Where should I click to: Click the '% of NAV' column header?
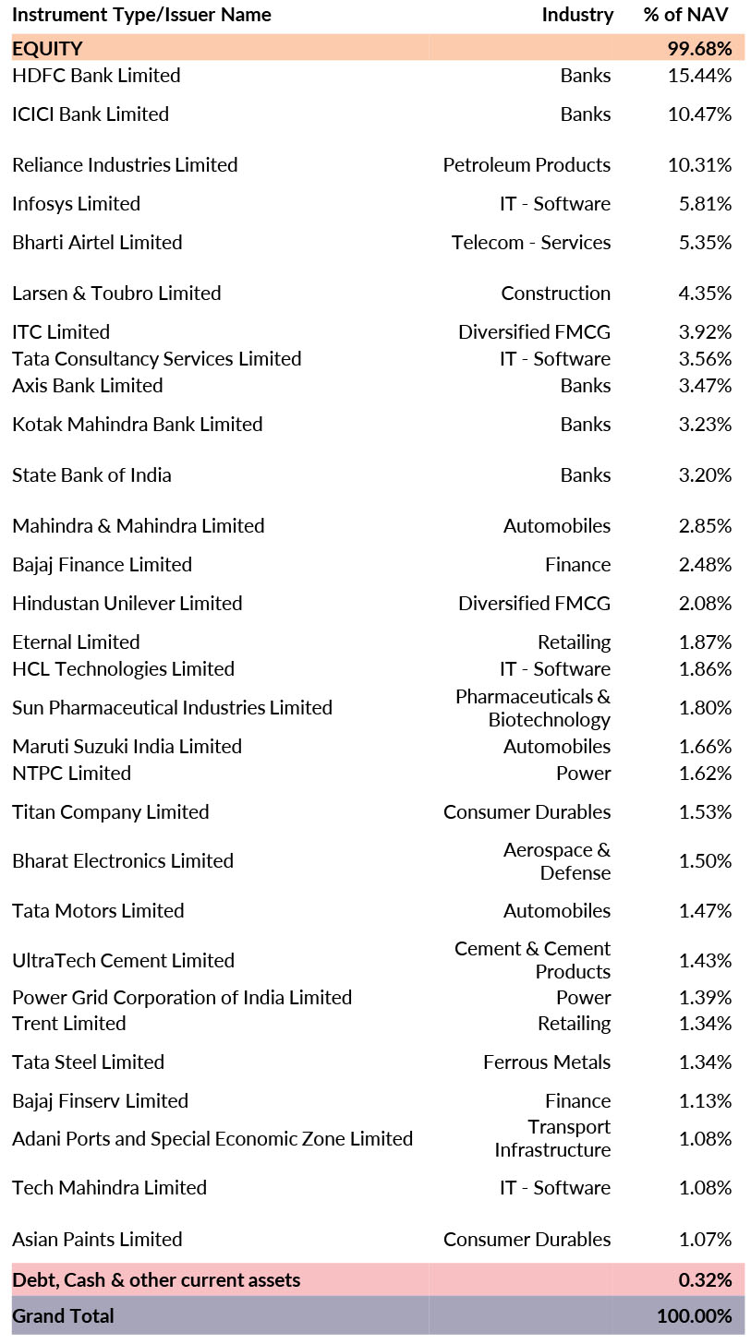pyautogui.click(x=685, y=15)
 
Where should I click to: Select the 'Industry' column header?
pyautogui.click(x=577, y=15)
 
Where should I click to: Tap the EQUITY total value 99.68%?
pyautogui.click(x=699, y=48)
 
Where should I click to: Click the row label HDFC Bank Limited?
pyautogui.click(x=96, y=76)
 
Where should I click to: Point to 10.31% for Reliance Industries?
pyautogui.click(x=699, y=165)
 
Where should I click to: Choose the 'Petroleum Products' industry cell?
pyautogui.click(x=527, y=165)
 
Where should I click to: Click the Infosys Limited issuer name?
pyautogui.click(x=76, y=204)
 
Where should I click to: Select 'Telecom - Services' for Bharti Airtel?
pyautogui.click(x=531, y=243)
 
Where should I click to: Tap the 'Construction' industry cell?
pyautogui.click(x=555, y=294)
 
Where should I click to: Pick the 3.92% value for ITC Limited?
pyautogui.click(x=705, y=332)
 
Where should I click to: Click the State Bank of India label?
pyautogui.click(x=91, y=475)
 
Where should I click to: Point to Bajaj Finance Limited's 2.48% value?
pyautogui.click(x=705, y=565)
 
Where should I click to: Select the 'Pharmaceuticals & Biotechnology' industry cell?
pyautogui.click(x=533, y=708)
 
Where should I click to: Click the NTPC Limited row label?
pyautogui.click(x=71, y=774)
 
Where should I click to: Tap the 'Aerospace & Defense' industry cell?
pyautogui.click(x=556, y=861)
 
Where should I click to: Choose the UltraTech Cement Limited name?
pyautogui.click(x=123, y=961)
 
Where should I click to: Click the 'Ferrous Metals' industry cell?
pyautogui.click(x=547, y=1062)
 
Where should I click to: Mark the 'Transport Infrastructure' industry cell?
pyautogui.click(x=552, y=1138)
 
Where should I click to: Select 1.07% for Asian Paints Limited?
pyautogui.click(x=705, y=1240)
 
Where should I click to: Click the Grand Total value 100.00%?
pyautogui.click(x=694, y=1316)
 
